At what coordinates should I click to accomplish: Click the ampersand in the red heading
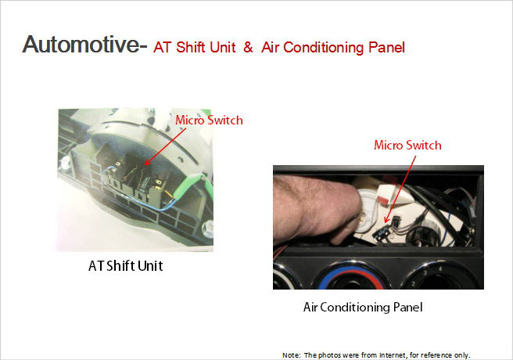pos(248,47)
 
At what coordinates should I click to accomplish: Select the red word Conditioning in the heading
pos(323,48)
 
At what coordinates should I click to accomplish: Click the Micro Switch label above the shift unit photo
pos(209,121)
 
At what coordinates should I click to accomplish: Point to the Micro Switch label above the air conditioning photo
pos(407,146)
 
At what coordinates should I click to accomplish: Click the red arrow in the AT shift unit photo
pos(165,146)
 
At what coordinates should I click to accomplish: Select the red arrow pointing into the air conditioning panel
pos(400,189)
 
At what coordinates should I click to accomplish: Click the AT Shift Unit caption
pos(126,266)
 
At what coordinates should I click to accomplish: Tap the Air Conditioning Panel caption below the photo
pos(363,308)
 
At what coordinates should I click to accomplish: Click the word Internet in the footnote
pos(392,355)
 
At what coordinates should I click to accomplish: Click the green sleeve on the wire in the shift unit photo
pos(190,187)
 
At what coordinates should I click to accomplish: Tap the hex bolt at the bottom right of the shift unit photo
pos(207,228)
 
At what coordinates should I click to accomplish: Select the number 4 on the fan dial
pos(440,269)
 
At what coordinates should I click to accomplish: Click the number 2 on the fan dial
pos(413,284)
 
